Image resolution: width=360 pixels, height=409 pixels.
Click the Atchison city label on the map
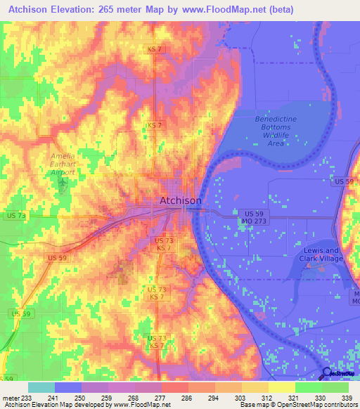pyautogui.click(x=180, y=200)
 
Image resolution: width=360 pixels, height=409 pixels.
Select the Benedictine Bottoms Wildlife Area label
pyautogui.click(x=276, y=131)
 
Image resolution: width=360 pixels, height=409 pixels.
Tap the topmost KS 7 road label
pyautogui.click(x=155, y=48)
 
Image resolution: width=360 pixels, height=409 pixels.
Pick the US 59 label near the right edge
pyautogui.click(x=345, y=181)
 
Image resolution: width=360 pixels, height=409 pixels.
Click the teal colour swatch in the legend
pyautogui.click(x=41, y=387)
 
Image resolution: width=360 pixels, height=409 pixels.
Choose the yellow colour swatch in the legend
pyautogui.click(x=281, y=387)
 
